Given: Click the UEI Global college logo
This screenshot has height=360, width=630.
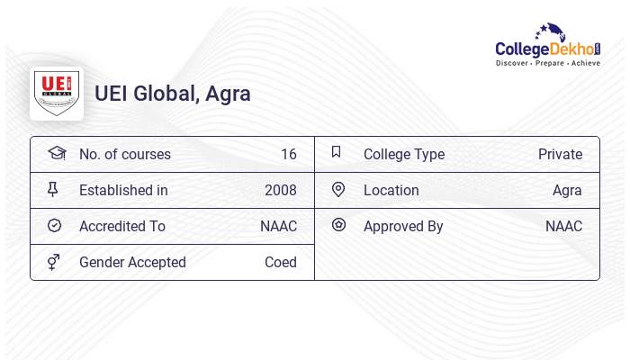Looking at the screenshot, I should [57, 93].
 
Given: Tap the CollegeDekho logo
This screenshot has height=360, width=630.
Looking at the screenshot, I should [548, 46].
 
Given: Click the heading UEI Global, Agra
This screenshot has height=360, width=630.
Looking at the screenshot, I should [173, 94].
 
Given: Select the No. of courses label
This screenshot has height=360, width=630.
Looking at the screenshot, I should [125, 154].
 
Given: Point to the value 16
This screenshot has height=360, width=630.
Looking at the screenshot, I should [289, 154].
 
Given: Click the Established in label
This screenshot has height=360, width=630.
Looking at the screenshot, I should [123, 190].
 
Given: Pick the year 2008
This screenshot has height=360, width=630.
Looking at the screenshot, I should [281, 190].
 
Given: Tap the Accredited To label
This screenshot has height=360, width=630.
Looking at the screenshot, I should [122, 226].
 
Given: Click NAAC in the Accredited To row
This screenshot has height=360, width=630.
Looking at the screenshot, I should [278, 226].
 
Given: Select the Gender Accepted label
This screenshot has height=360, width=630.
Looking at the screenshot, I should [132, 262].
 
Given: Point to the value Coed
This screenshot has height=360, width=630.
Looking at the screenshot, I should [281, 262].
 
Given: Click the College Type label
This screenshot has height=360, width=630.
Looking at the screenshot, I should [404, 154].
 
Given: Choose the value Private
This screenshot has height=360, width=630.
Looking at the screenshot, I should [560, 154].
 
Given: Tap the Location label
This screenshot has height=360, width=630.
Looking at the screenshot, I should [391, 190].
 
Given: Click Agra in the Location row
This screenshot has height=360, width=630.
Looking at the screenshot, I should [567, 190].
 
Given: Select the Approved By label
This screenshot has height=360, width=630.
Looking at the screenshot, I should [403, 226].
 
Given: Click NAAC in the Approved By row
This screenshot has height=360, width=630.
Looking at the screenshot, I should [563, 226].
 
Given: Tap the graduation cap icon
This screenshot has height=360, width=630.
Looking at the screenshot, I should [56, 153].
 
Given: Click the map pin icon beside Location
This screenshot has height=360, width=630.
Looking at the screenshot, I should [338, 189].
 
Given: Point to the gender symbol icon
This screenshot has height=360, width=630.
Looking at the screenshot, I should [54, 262].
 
